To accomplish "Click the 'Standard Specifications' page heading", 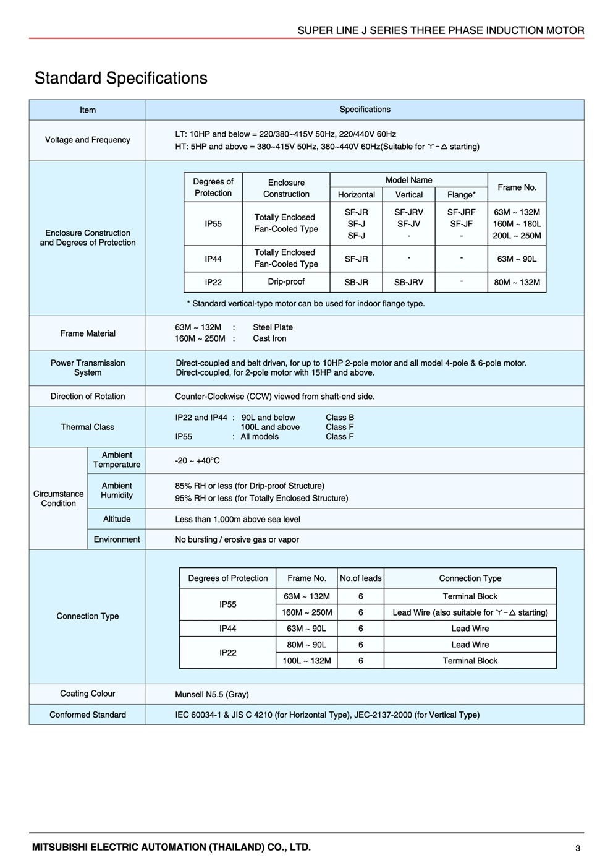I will (x=121, y=79).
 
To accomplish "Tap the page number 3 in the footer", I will (x=578, y=848).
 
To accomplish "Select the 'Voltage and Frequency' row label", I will (x=88, y=140).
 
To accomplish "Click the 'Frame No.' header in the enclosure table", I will (x=517, y=187).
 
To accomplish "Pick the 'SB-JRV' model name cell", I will (x=408, y=282).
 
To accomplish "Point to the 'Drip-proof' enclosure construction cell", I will (x=286, y=281).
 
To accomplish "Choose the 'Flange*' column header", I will (x=461, y=194).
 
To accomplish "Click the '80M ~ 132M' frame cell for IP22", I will (x=517, y=282).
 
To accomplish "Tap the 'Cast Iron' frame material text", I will (x=269, y=338).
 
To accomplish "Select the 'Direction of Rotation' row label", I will (x=88, y=396).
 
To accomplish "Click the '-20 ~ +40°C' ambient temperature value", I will (x=197, y=460).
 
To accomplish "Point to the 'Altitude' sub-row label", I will (x=117, y=519).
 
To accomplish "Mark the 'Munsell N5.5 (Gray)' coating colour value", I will (x=212, y=694).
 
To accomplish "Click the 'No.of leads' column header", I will (x=360, y=578).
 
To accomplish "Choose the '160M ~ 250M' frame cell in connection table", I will (x=306, y=612).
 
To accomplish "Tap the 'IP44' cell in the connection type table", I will (x=227, y=629).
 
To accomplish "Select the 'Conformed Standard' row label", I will (x=88, y=715).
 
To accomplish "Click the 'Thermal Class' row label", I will (x=88, y=427).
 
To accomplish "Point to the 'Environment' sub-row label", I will (x=117, y=539).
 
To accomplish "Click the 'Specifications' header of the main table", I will (x=365, y=110).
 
